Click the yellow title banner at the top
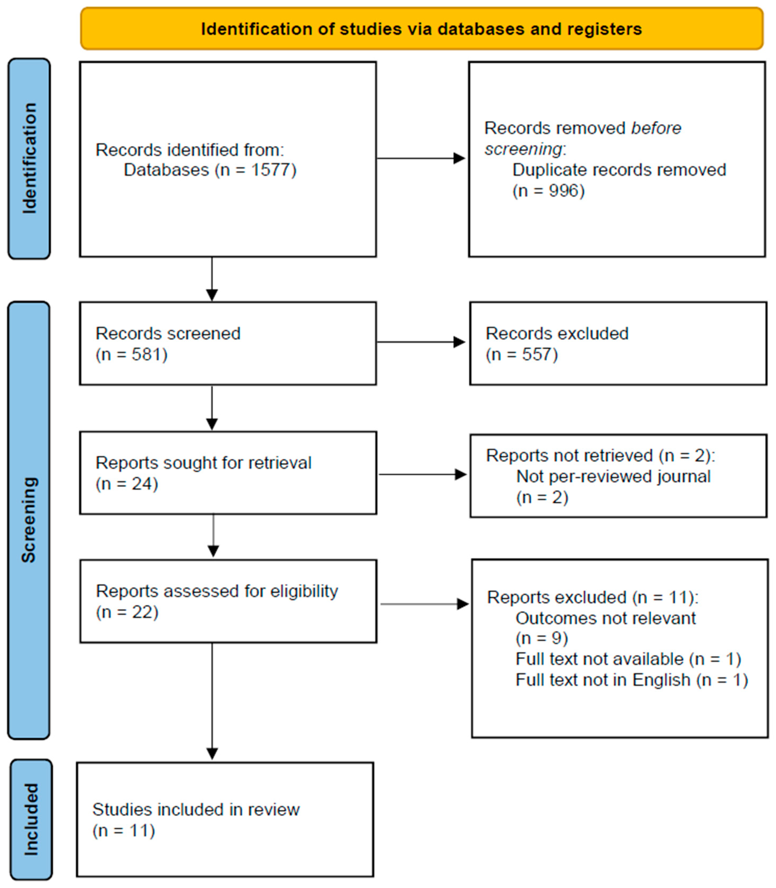click(x=421, y=28)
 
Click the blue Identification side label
click(x=29, y=159)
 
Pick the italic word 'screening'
click(x=523, y=149)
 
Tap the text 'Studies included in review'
click(x=196, y=809)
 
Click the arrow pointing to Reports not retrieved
click(x=423, y=474)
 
